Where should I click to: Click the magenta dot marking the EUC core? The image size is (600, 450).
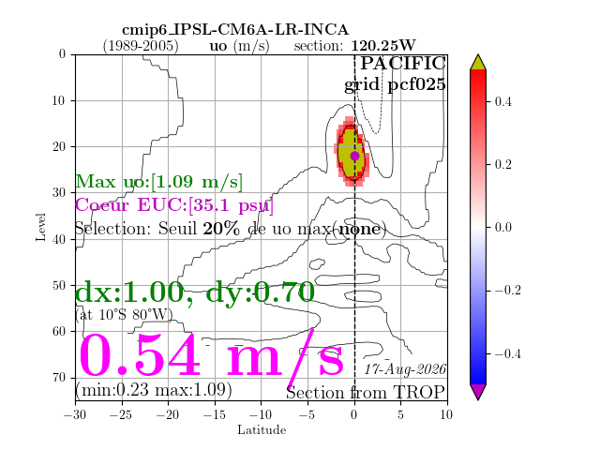pyautogui.click(x=354, y=156)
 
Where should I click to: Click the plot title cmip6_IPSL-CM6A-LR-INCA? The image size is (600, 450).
pyautogui.click(x=235, y=30)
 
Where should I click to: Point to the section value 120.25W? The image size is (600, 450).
pyautogui.click(x=383, y=46)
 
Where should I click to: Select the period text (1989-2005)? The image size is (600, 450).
pyautogui.click(x=141, y=46)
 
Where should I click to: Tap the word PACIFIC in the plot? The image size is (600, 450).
pyautogui.click(x=403, y=63)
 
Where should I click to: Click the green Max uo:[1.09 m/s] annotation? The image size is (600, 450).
pyautogui.click(x=158, y=181)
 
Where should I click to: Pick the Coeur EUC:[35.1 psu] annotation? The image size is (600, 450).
pyautogui.click(x=174, y=205)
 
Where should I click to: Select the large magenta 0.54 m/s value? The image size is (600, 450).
pyautogui.click(x=211, y=356)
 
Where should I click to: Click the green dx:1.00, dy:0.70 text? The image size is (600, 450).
pyautogui.click(x=195, y=292)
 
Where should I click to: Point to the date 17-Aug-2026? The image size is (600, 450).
pyautogui.click(x=405, y=368)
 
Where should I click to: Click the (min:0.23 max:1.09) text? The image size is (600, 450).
pyautogui.click(x=154, y=390)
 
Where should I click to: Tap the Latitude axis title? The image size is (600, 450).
pyautogui.click(x=262, y=429)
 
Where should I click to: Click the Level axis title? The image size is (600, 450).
pyautogui.click(x=40, y=227)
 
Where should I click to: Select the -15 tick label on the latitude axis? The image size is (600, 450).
pyautogui.click(x=215, y=414)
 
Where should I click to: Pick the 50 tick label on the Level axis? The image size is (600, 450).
pyautogui.click(x=59, y=285)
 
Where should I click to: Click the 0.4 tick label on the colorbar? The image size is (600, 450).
pyautogui.click(x=502, y=102)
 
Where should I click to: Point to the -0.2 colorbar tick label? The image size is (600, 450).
pyautogui.click(x=508, y=291)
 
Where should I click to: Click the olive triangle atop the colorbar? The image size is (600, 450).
pyautogui.click(x=478, y=63)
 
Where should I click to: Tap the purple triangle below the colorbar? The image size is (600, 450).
pyautogui.click(x=478, y=392)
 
